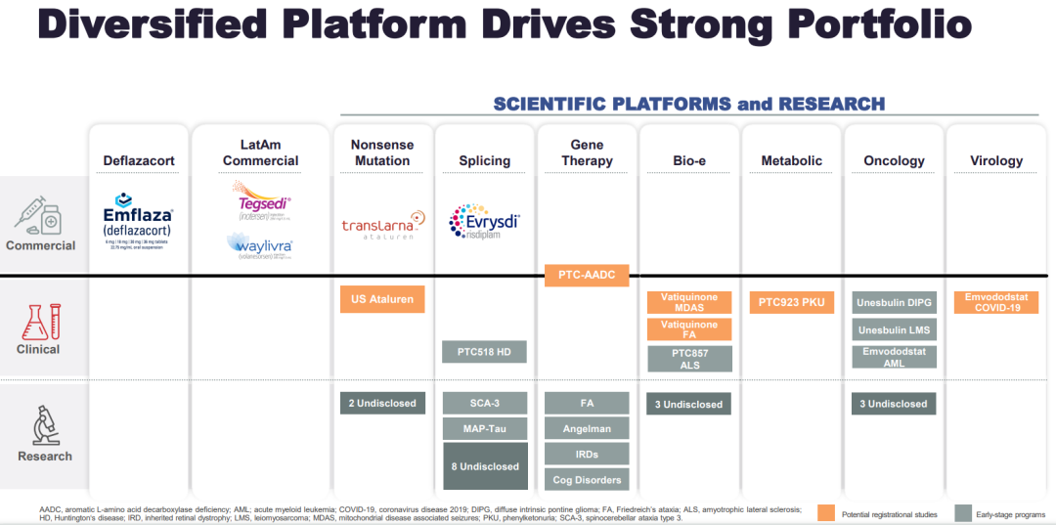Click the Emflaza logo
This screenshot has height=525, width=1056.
(x=138, y=221)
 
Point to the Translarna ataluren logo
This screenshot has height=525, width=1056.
(x=382, y=227)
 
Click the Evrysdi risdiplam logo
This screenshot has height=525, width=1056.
(x=484, y=221)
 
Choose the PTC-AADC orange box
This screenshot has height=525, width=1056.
(x=587, y=276)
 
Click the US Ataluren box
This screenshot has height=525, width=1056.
(x=382, y=299)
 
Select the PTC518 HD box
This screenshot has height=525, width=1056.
(x=484, y=351)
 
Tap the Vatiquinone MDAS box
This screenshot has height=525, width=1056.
(x=689, y=302)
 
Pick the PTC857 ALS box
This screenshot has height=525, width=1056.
(x=689, y=359)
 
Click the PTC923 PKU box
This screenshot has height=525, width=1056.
(x=792, y=302)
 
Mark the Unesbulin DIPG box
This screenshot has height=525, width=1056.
(x=895, y=302)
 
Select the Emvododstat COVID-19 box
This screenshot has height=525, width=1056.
(x=996, y=302)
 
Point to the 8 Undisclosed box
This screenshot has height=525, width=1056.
(x=484, y=466)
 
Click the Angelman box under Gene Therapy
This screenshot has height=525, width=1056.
(x=587, y=428)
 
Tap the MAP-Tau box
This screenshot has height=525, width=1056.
(x=484, y=428)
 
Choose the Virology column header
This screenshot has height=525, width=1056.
(x=996, y=160)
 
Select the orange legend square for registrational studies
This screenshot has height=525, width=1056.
(x=825, y=513)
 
